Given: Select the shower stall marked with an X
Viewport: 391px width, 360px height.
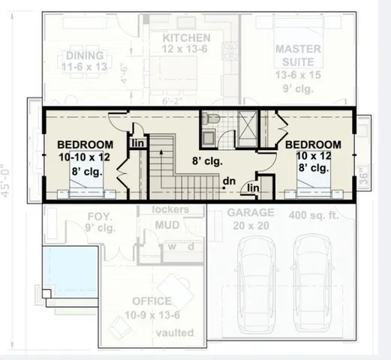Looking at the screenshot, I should click(245, 122).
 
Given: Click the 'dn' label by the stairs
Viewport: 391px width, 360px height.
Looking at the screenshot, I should click(229, 180).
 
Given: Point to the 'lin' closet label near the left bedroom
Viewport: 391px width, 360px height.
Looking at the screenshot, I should click(139, 142).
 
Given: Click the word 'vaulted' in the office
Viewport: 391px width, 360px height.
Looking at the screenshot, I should click(175, 332).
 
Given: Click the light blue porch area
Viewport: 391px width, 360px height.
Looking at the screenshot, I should click(68, 267).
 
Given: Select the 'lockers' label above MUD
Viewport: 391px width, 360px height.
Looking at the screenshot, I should click(170, 210).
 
